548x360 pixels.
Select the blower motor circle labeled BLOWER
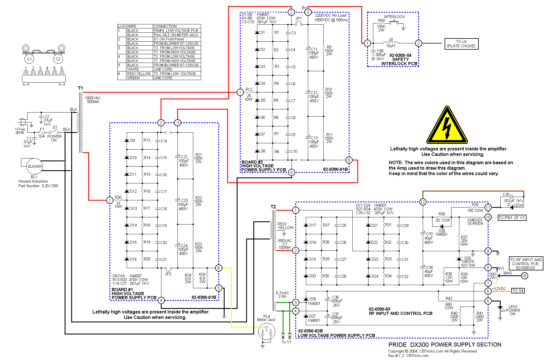[35, 166]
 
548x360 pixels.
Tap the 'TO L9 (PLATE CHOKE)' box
[461, 44]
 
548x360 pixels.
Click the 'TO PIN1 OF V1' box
[512, 218]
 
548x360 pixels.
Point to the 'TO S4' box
[518, 291]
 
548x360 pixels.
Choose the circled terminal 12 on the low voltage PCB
[422, 202]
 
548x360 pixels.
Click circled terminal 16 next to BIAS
[524, 276]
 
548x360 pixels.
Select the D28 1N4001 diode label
[441, 233]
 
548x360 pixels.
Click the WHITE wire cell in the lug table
[133, 69]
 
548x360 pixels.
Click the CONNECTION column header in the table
[165, 26]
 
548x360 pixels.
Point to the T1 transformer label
[80, 88]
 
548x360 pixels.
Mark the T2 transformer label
[273, 207]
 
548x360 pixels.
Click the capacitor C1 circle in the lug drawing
[29, 59]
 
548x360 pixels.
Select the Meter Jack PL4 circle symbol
[266, 331]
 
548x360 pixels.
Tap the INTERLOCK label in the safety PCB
[394, 17]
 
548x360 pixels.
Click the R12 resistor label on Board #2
[249, 90]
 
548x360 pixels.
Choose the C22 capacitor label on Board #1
[184, 157]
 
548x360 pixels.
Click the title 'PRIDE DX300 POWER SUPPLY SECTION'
[445, 344]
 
